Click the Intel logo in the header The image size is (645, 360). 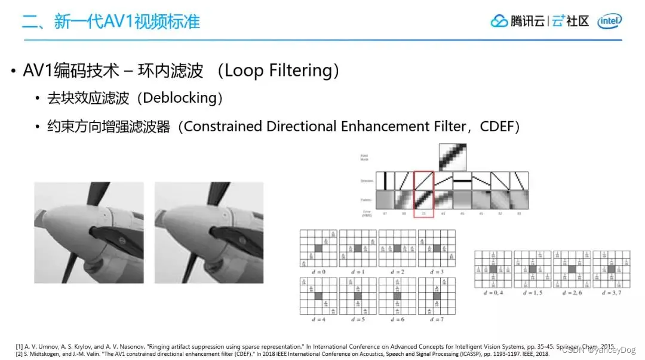(x=610, y=21)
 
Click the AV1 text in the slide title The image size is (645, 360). (x=122, y=22)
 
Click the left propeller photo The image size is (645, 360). (x=88, y=232)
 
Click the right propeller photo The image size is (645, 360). (x=208, y=232)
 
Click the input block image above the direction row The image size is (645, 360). (x=453, y=158)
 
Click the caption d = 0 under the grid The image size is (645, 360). (x=318, y=272)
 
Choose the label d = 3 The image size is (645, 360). (x=437, y=272)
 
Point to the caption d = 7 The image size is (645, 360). (x=437, y=320)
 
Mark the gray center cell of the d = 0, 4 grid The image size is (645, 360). (x=493, y=269)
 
